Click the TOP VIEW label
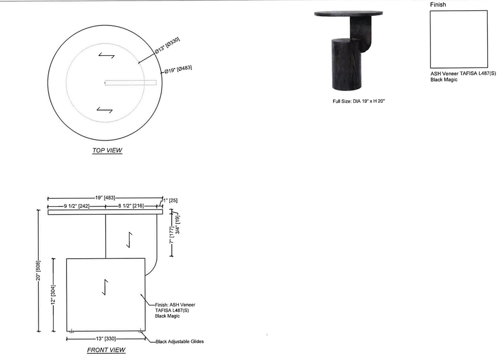click(x=107, y=150)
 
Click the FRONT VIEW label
click(x=106, y=350)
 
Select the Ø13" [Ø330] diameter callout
click(x=167, y=46)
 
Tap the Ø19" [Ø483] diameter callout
click(x=178, y=69)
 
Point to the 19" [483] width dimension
click(x=105, y=198)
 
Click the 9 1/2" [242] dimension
click(x=77, y=206)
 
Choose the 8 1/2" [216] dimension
click(x=131, y=206)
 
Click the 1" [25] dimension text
click(x=171, y=200)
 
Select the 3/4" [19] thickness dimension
click(x=178, y=224)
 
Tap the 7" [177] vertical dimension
click(x=172, y=235)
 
